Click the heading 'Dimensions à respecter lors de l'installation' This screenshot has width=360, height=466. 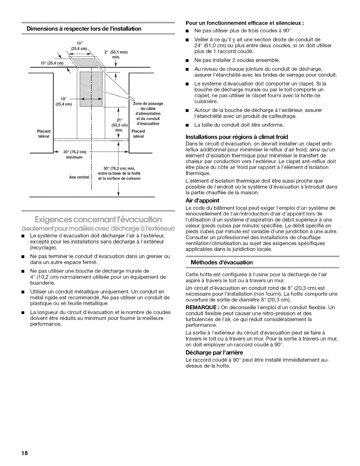coord(84,29)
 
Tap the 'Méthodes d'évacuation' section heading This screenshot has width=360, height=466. coord(222,262)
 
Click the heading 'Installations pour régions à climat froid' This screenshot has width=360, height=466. coord(237,137)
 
